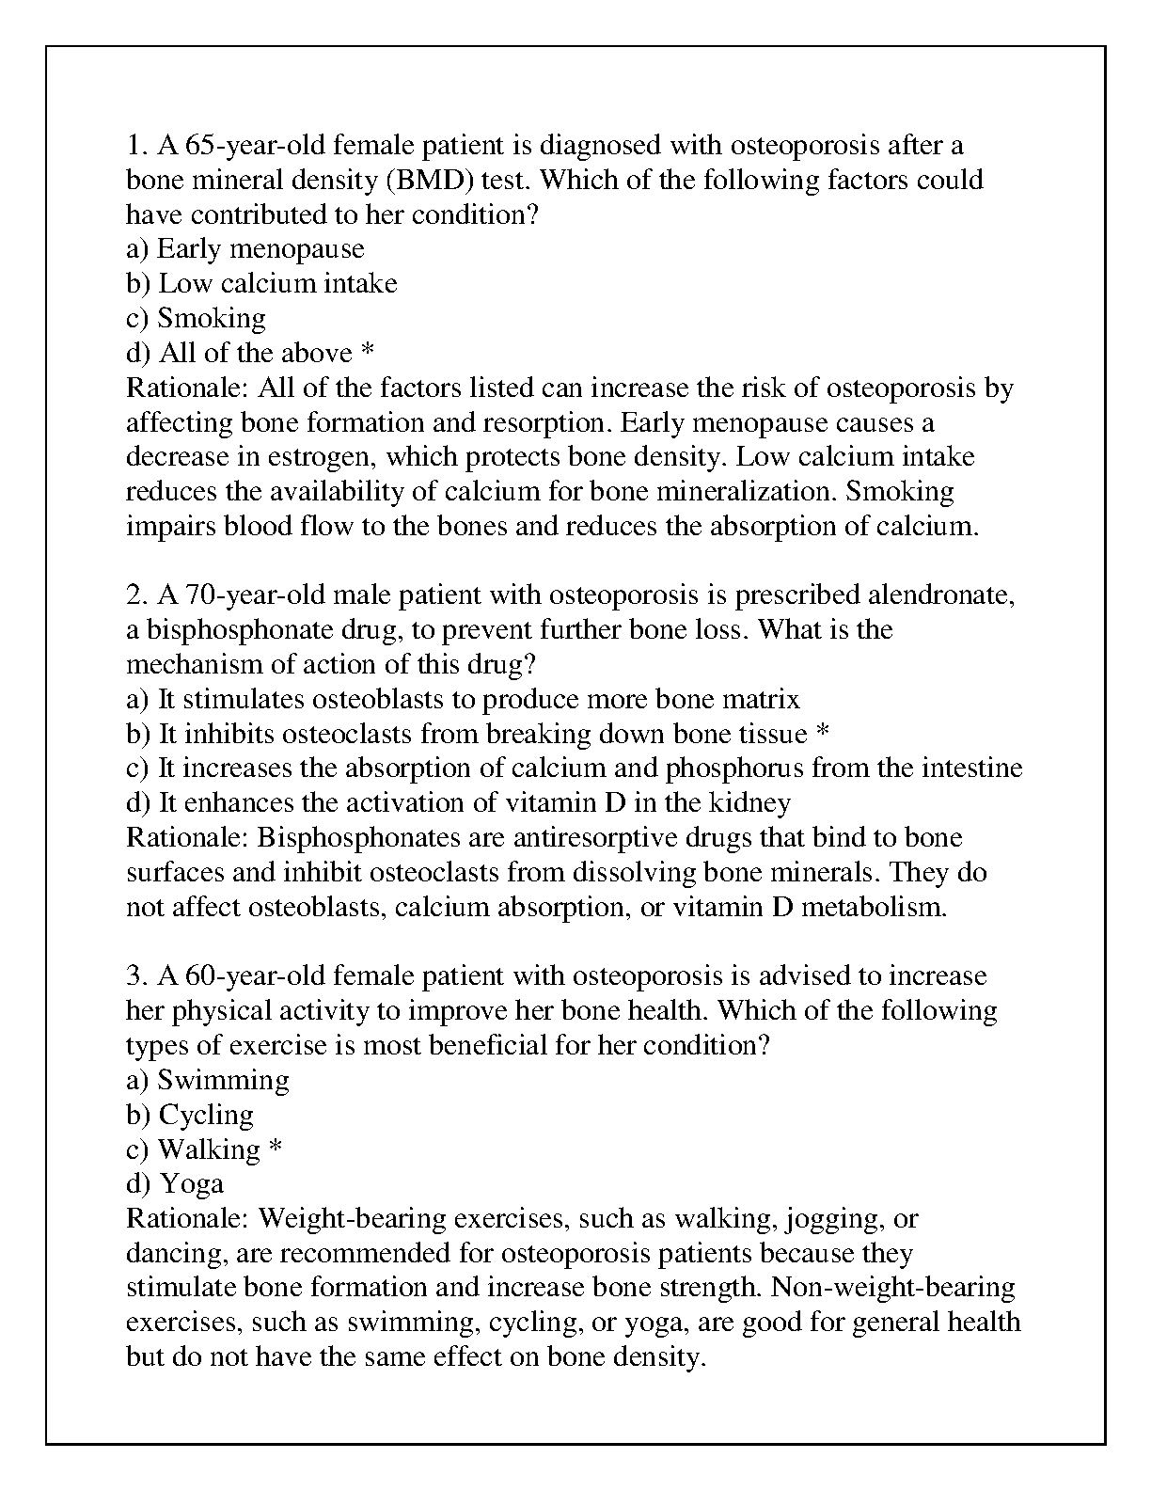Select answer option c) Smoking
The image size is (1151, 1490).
(197, 318)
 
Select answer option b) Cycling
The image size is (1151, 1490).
(190, 1115)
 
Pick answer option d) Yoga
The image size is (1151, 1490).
(175, 1183)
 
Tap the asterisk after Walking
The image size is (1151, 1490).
(276, 1149)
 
